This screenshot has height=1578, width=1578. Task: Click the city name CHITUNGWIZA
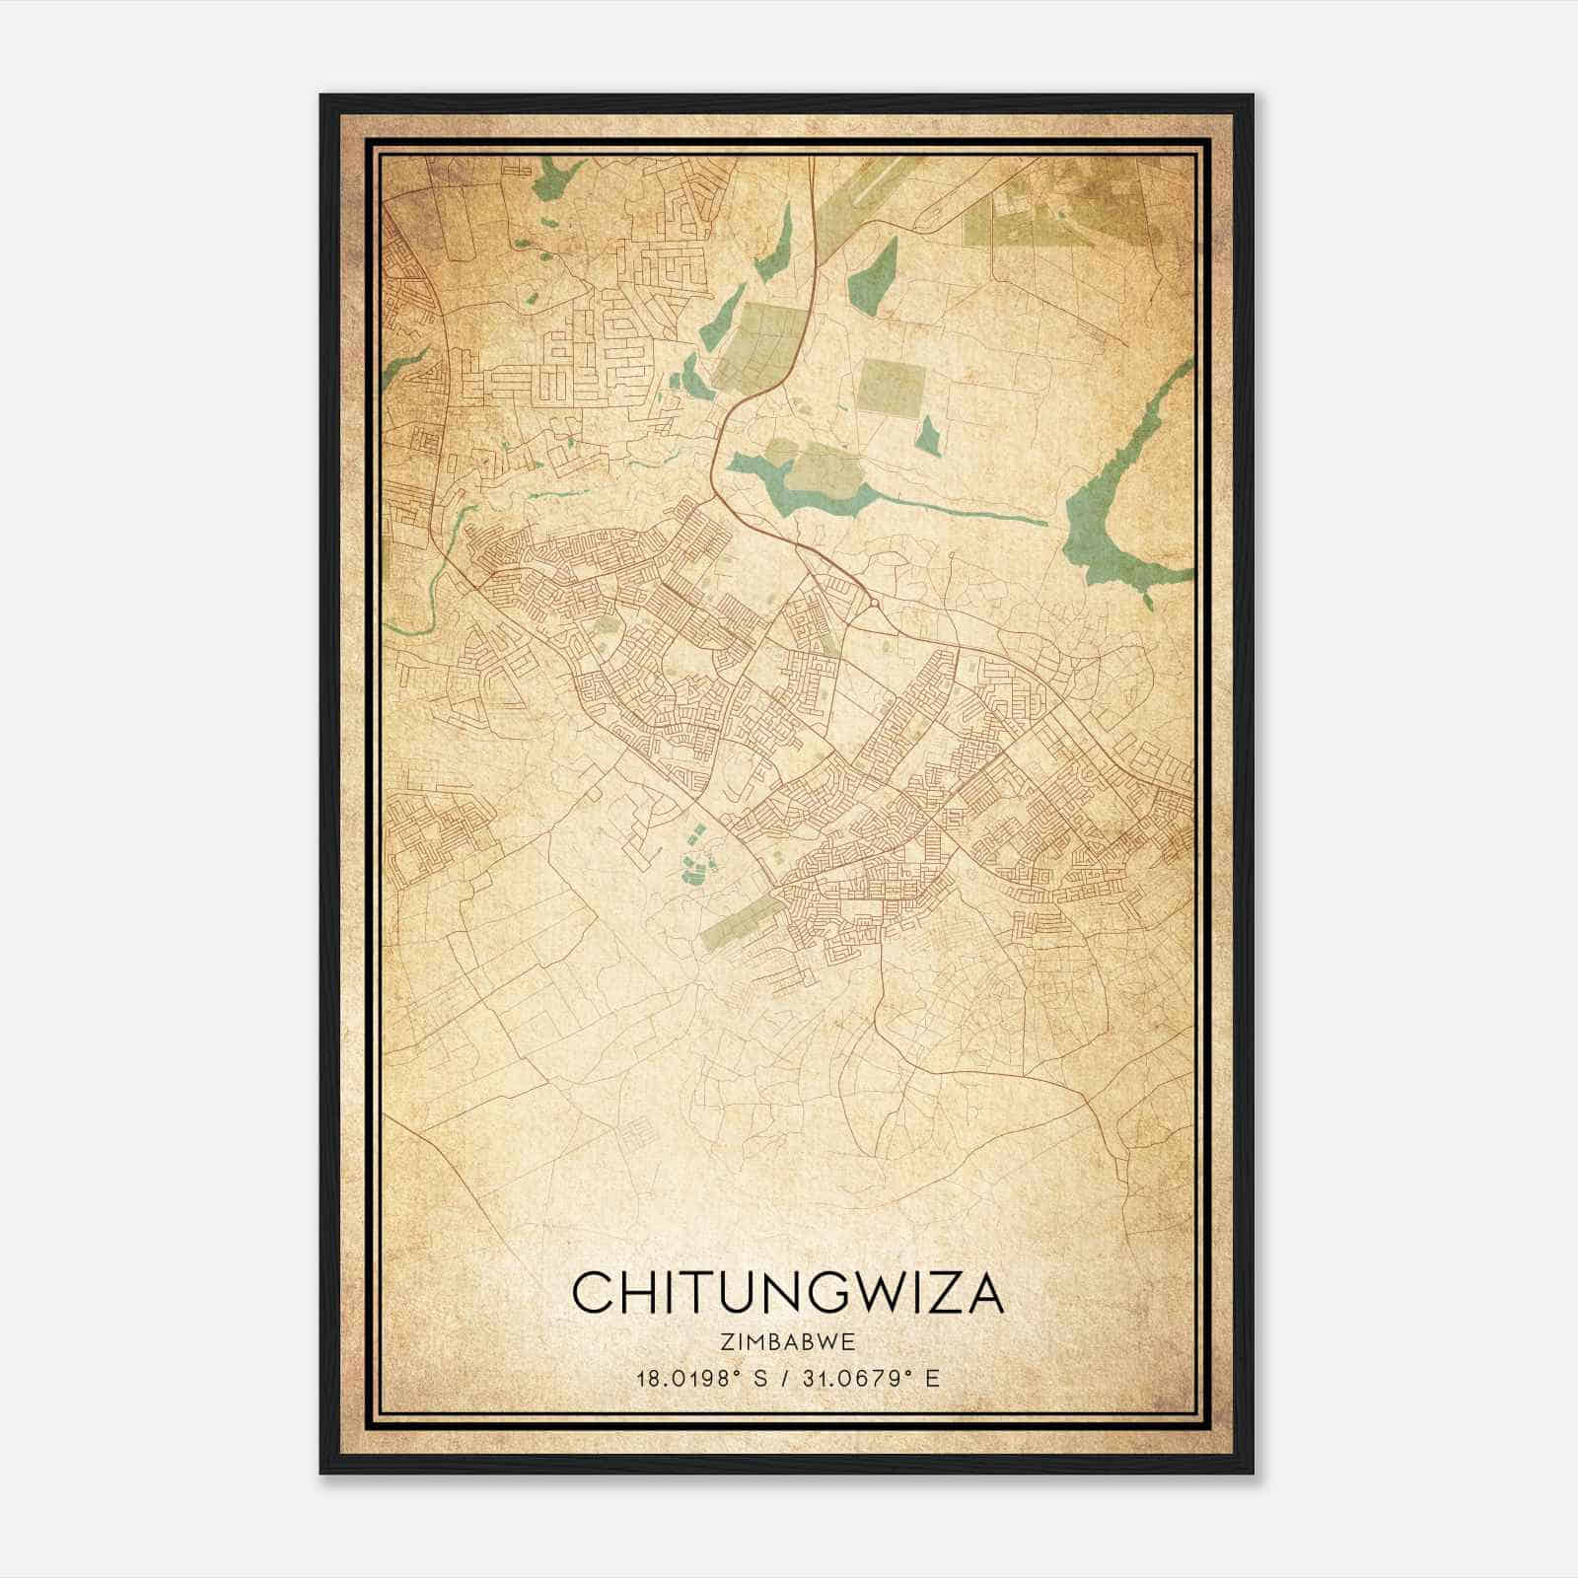pyautogui.click(x=787, y=1292)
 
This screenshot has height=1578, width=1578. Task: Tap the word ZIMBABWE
pyautogui.click(x=787, y=1341)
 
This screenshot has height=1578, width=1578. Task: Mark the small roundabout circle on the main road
pyautogui.click(x=874, y=603)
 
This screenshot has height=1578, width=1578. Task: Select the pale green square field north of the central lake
pyautogui.click(x=886, y=385)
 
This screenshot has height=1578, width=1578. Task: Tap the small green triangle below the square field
pyautogui.click(x=928, y=437)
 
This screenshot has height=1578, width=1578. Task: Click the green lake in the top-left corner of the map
pyautogui.click(x=547, y=178)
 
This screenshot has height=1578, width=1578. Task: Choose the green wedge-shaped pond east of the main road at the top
pyautogui.click(x=874, y=276)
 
